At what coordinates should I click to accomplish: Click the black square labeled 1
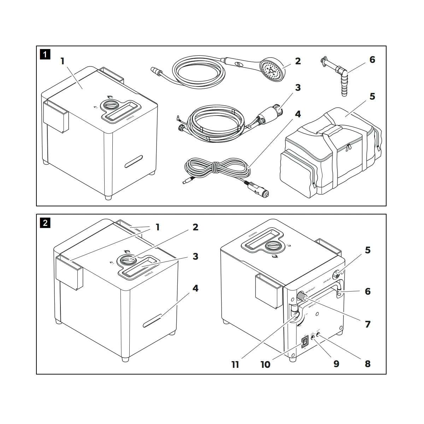point(45,55)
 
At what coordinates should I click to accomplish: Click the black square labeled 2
point(45,223)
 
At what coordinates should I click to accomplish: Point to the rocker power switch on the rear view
point(304,342)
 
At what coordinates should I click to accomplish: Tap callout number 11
point(235,364)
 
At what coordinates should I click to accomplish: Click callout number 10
point(265,364)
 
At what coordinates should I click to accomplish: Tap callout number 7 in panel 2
point(368,324)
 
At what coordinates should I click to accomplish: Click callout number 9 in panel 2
point(336,363)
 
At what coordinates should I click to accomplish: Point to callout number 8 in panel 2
point(368,363)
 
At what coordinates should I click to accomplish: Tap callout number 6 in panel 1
point(372,59)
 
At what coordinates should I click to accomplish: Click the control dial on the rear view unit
point(274,246)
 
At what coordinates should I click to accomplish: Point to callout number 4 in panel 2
point(195,288)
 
